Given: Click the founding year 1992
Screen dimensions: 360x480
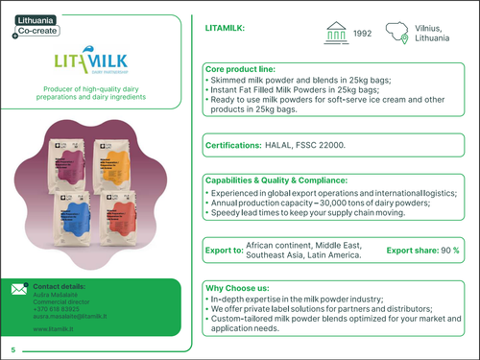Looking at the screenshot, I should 362,34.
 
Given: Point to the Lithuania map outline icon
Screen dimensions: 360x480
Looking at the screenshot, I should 401,34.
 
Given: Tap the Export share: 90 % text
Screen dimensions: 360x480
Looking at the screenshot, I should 422,251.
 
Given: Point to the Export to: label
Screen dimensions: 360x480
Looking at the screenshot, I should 225,251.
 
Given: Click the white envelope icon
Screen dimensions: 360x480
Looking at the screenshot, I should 19,289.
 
